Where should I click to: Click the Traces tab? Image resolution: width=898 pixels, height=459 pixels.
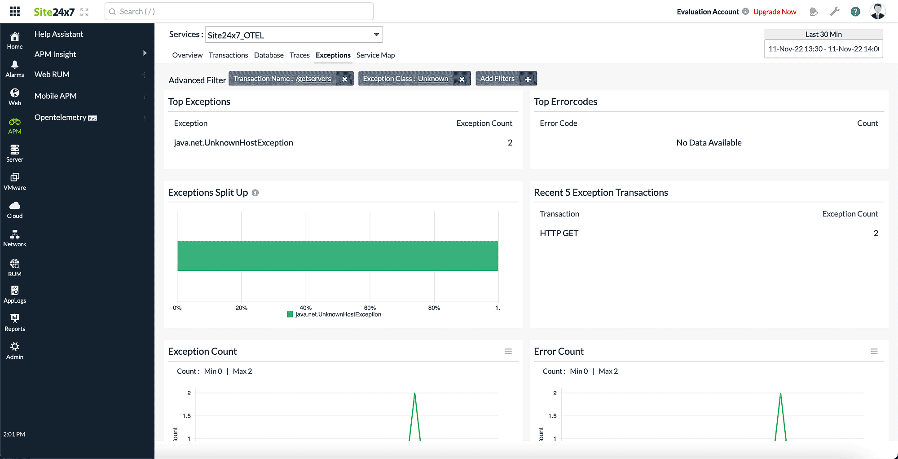tap(299, 55)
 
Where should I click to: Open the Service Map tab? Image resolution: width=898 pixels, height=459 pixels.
tap(375, 55)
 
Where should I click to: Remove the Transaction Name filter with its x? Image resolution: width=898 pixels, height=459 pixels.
tap(344, 79)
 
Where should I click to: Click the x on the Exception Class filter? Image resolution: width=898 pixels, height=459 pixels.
tap(462, 79)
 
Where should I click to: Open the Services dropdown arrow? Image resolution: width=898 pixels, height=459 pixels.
tap(376, 35)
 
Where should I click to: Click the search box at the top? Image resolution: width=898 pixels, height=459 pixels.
tap(239, 12)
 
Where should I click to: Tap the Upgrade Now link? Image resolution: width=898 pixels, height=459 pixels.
tap(775, 12)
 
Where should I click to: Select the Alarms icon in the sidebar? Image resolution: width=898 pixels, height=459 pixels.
tap(15, 68)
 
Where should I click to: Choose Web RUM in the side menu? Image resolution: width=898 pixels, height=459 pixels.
tap(52, 75)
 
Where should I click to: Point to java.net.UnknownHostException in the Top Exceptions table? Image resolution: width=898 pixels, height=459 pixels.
tap(233, 143)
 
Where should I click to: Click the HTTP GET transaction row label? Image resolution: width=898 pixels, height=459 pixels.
tap(559, 234)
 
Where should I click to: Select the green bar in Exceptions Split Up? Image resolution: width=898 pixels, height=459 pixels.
tap(338, 256)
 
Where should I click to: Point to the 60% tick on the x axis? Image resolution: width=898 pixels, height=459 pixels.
tap(370, 308)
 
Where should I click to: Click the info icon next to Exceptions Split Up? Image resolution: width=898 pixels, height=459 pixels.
tap(255, 193)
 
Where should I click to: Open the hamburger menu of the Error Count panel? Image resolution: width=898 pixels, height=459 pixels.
tap(874, 351)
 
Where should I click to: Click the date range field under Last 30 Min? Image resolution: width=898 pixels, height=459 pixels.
tap(823, 49)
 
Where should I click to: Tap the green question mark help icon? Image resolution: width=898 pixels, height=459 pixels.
tap(855, 12)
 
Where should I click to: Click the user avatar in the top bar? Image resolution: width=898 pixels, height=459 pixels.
tap(877, 11)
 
